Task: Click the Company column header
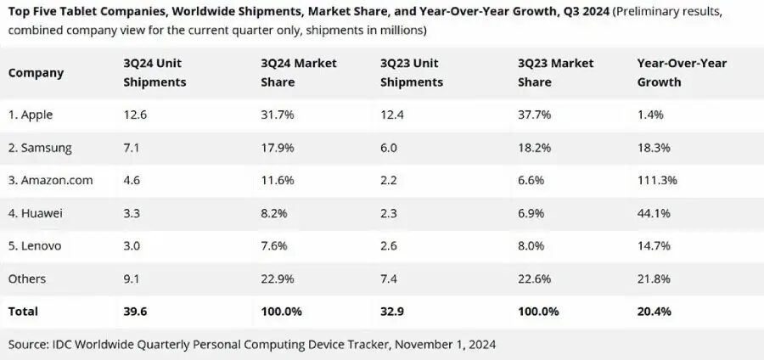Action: point(36,73)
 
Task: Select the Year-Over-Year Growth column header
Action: point(671,73)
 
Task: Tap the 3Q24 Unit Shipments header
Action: point(154,73)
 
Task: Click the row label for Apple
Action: point(31,115)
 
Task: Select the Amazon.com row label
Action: point(50,180)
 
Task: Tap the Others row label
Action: point(27,278)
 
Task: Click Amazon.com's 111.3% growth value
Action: point(657,180)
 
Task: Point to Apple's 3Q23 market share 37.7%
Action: point(534,115)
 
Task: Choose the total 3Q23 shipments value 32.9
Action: point(392,312)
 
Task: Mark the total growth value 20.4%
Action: point(654,312)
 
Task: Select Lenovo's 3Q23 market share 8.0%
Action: point(531,246)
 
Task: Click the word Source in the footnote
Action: point(28,345)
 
